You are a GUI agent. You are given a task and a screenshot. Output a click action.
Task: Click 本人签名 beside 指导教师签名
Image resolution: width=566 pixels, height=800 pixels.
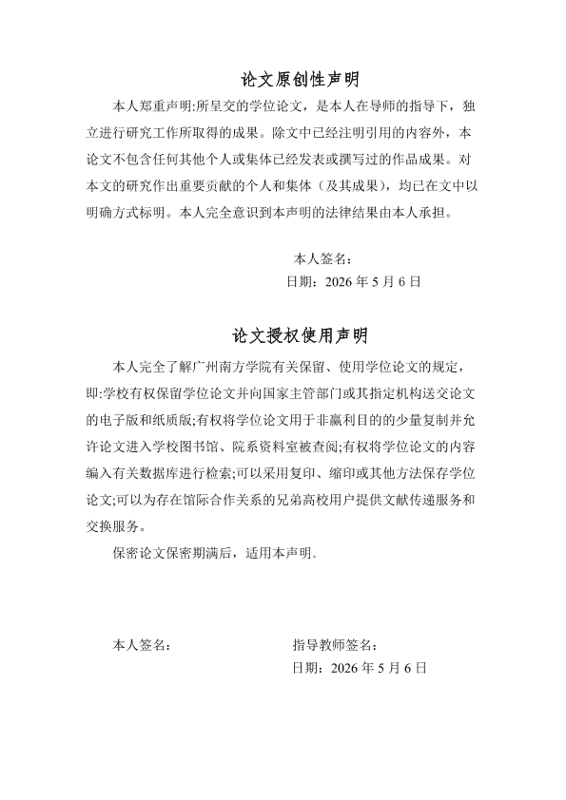coord(142,645)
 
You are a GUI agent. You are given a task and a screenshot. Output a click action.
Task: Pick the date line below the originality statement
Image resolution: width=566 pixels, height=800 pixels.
coord(353,282)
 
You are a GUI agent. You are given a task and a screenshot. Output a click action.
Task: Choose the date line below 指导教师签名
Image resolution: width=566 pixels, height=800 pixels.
coord(360,669)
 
